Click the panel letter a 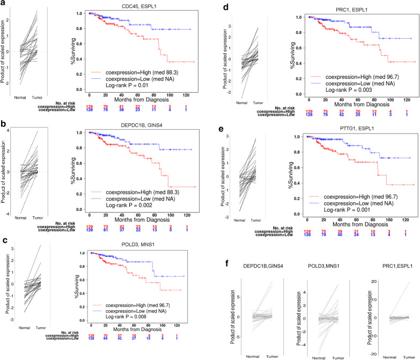pos(4,4)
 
